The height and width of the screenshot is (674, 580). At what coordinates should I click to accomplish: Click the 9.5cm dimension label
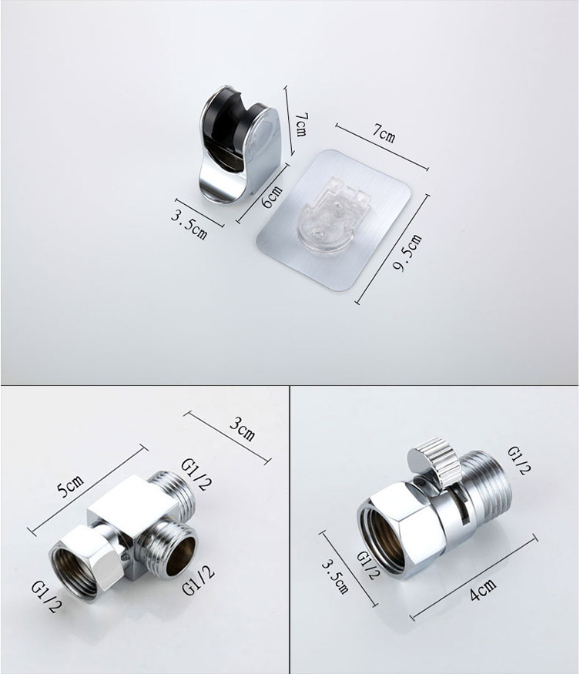407,253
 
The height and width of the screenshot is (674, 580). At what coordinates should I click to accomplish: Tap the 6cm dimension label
273,197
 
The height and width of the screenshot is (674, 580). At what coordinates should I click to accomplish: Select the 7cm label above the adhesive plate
384,132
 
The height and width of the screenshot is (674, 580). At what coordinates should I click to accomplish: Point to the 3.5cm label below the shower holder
189,224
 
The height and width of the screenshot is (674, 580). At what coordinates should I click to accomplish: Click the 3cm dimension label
242,429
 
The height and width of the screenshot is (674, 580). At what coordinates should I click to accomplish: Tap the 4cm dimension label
483,589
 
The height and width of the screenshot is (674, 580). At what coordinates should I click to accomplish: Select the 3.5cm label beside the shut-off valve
335,576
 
